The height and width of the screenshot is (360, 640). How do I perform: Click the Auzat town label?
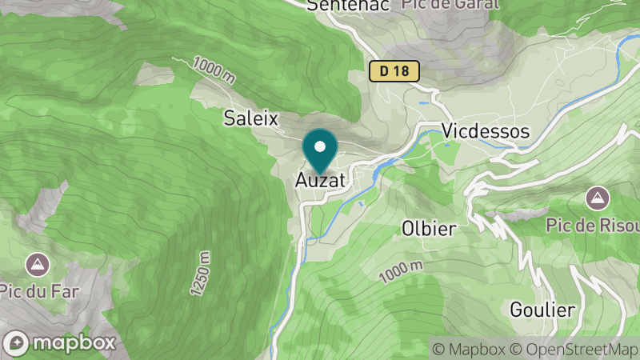(320, 181)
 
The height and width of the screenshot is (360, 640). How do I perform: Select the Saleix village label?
(250, 118)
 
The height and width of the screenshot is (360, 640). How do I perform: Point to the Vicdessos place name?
(486, 131)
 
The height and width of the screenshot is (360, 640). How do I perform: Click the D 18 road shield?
(394, 71)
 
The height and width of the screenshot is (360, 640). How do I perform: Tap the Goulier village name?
(542, 310)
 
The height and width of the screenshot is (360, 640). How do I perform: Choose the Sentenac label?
(348, 5)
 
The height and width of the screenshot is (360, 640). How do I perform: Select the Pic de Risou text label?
(593, 225)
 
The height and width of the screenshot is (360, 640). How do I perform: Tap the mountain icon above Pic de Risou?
(595, 197)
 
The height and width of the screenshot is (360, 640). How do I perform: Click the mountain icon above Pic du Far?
(35, 262)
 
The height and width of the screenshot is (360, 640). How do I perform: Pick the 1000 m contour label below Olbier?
(400, 271)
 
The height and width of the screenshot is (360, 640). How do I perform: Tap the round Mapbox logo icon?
(18, 343)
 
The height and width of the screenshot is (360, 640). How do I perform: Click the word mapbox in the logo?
(74, 343)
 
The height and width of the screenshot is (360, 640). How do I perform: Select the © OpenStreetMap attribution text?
(573, 349)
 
